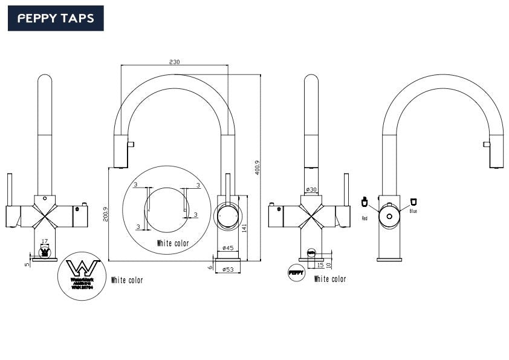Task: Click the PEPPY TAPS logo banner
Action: click(56, 18)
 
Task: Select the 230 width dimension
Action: click(175, 62)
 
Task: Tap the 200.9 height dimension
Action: click(105, 214)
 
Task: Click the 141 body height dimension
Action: click(244, 228)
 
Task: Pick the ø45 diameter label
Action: click(228, 248)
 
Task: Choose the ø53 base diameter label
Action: click(228, 269)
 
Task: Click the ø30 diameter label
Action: click(311, 190)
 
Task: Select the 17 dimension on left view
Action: click(44, 241)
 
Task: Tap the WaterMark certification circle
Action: click(83, 275)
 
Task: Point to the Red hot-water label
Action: click(365, 218)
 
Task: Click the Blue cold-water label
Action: click(413, 212)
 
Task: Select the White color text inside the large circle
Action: click(172, 243)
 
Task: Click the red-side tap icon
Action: click(365, 202)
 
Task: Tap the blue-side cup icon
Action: click(413, 201)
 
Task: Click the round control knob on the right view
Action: click(389, 215)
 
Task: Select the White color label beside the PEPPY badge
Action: click(330, 279)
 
